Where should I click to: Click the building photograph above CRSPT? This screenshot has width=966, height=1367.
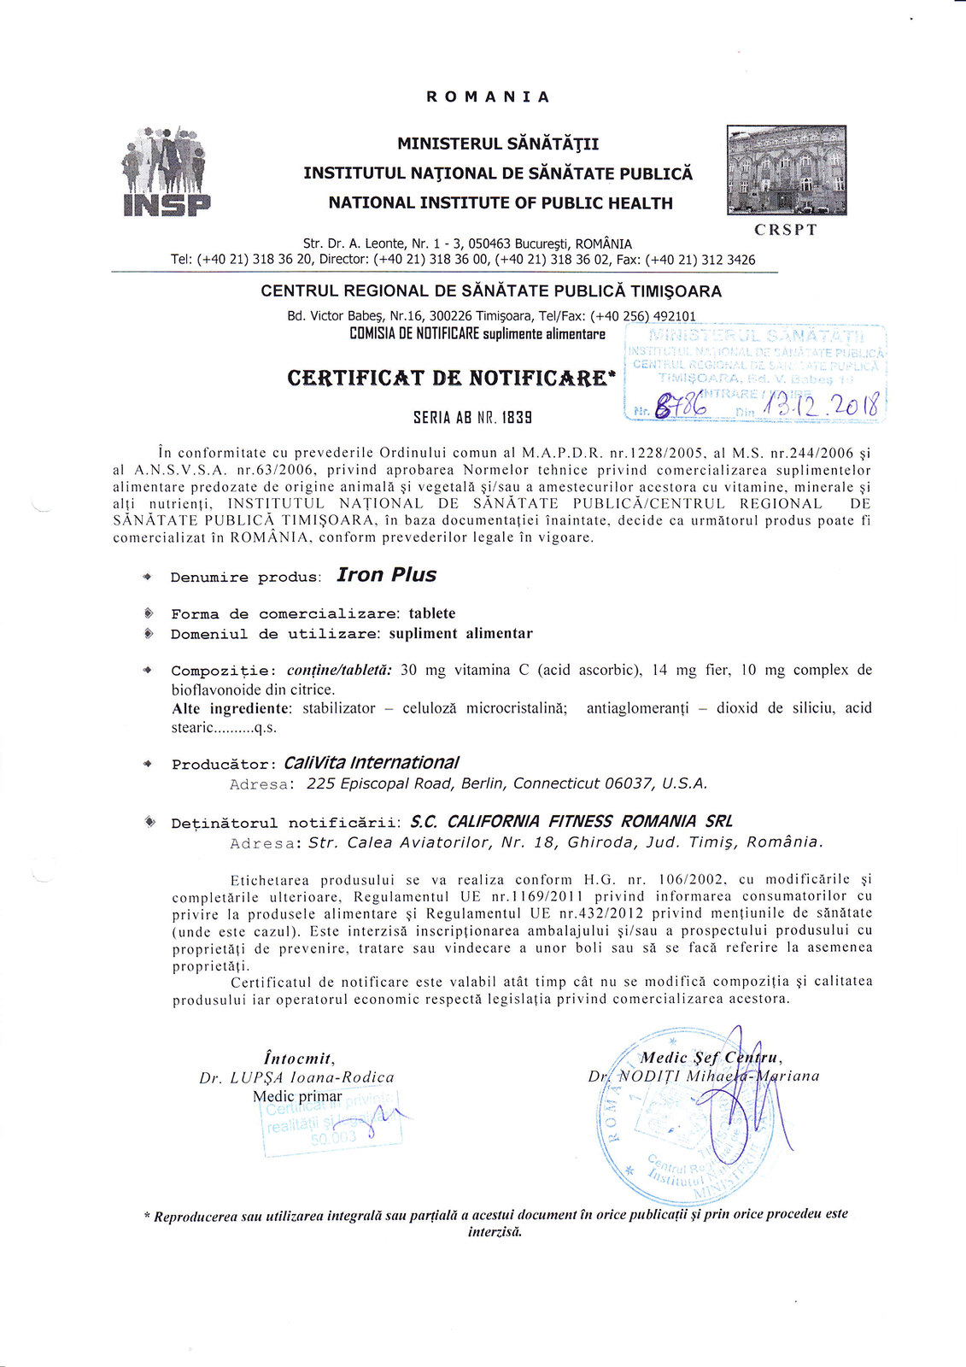click(786, 169)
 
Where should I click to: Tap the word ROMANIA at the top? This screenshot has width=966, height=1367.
click(489, 97)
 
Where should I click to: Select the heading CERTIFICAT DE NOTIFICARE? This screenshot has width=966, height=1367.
click(451, 378)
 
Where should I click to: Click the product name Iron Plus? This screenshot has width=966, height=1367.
click(386, 575)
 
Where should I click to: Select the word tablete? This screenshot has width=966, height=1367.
click(432, 613)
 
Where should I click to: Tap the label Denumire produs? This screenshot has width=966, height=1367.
click(245, 578)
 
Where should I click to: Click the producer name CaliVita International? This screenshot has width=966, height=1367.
click(371, 762)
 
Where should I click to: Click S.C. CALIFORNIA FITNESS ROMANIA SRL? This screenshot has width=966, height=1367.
click(571, 822)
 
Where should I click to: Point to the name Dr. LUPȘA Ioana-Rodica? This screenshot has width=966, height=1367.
click(296, 1078)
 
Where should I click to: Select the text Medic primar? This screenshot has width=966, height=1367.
click(297, 1096)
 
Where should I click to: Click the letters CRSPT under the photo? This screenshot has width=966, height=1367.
click(786, 230)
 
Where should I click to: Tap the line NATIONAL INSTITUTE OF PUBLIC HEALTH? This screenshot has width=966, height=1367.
click(501, 203)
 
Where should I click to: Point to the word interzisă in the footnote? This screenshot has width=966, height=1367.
click(495, 1231)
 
